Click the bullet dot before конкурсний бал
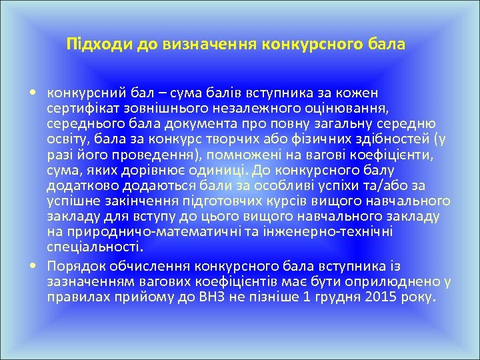pos(32,92)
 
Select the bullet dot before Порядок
pos(32,264)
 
